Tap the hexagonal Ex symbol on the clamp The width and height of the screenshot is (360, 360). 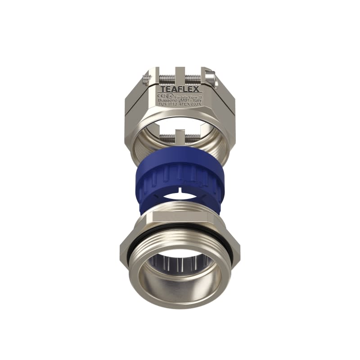point(169,95)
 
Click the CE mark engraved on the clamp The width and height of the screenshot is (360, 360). point(162,95)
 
